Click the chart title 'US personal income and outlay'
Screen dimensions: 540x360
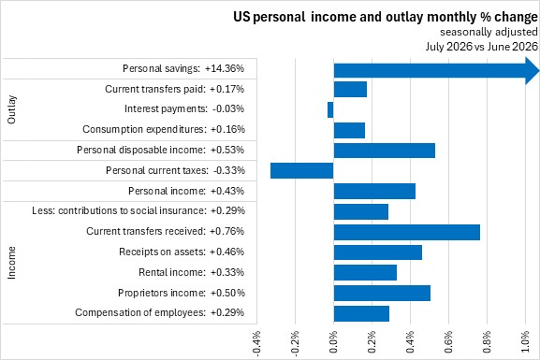tap(328, 17)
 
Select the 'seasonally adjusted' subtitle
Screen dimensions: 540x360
tap(489, 32)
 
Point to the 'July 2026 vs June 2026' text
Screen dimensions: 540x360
tap(481, 47)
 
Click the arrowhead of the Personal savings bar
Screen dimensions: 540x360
tap(533, 71)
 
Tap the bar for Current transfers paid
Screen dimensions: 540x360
tap(350, 90)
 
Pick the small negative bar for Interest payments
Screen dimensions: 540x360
tap(330, 109)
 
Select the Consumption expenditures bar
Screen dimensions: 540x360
tap(349, 130)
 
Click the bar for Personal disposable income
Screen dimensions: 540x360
tap(385, 151)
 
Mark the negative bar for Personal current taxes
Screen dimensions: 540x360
tap(301, 171)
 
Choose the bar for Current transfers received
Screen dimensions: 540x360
tap(407, 232)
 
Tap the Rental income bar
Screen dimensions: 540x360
tap(365, 273)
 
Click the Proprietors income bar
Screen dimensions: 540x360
tap(382, 294)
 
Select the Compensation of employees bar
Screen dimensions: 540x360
tap(361, 313)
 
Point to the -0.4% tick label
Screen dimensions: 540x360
tap(256, 342)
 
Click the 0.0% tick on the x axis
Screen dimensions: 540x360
tap(333, 342)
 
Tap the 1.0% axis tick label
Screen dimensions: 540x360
tap(525, 342)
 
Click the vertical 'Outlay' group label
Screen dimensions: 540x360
tap(11, 109)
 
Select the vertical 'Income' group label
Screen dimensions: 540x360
tap(11, 263)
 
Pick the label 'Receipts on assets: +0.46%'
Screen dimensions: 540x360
tap(182, 252)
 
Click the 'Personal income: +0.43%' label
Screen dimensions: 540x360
tap(186, 191)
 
